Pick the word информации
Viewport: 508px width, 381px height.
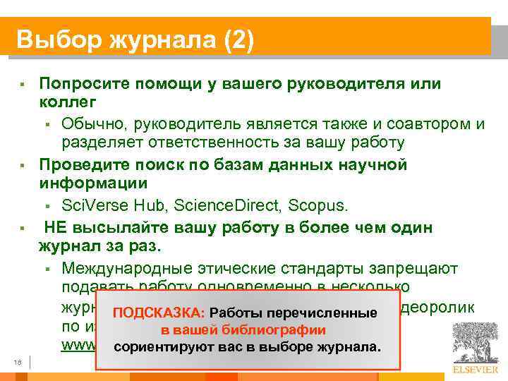point(92,184)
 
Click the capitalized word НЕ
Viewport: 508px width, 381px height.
point(56,227)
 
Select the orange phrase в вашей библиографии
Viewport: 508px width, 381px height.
point(243,330)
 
